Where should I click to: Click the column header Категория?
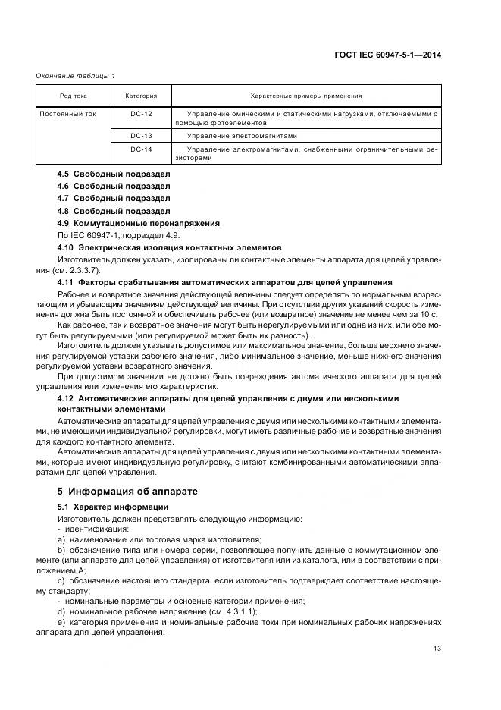point(141,96)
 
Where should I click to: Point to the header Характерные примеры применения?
point(305,96)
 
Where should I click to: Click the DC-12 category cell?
point(141,113)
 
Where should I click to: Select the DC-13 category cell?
point(141,135)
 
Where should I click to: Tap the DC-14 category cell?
point(141,149)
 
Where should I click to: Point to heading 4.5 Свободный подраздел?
point(114,174)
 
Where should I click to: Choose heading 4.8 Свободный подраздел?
point(114,210)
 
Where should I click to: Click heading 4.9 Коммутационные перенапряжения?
point(139,223)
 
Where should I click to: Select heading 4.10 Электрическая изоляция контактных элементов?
point(170,247)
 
